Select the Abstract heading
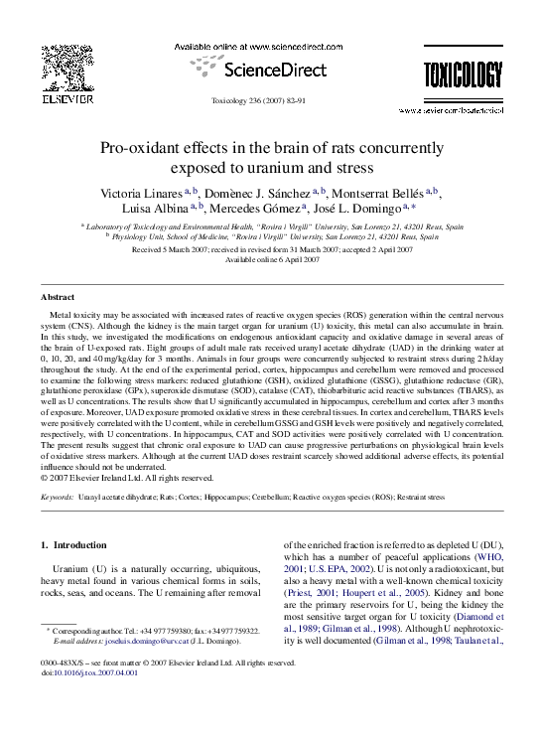click(57, 297)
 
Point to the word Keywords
click(56, 494)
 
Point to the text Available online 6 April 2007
click(270, 258)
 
